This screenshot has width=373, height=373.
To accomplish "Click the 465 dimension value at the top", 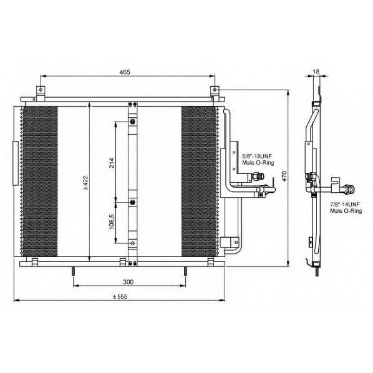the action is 125,72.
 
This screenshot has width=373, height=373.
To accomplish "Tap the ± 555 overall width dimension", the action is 120,297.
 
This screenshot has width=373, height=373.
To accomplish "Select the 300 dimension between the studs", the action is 128,282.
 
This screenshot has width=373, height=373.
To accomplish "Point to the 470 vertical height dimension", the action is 285,176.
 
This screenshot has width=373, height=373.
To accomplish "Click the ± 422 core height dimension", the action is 85,183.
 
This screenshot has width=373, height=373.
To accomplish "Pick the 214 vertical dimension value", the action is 112,163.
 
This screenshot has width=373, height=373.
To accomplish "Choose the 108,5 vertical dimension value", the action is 112,222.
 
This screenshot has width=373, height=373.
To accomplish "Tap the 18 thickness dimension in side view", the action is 316,71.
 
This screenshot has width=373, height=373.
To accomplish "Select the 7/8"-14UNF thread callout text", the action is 345,204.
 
